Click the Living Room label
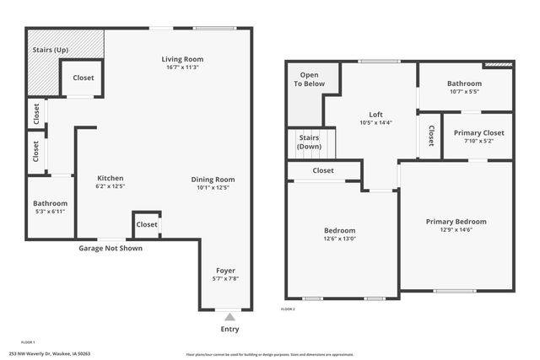(183, 59)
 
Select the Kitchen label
(111, 178)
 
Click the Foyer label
(224, 271)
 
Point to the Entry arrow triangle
(229, 316)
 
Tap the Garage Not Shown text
(111, 249)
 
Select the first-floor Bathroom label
(50, 203)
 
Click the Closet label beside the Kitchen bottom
(147, 224)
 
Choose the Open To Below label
(309, 79)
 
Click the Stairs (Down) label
(309, 142)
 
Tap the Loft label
(375, 115)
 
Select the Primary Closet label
(478, 133)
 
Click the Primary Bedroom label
(456, 222)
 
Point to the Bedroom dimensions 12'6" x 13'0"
(340, 239)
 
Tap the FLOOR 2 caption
(288, 309)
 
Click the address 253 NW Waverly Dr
(38, 353)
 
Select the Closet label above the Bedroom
(323, 170)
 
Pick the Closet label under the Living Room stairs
(84, 78)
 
